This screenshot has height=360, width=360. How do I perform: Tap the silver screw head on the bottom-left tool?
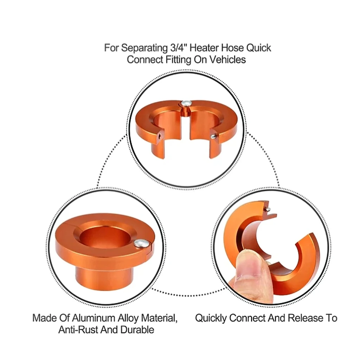pyautogui.click(x=141, y=243)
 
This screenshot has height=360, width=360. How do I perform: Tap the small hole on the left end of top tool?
pyautogui.click(x=160, y=135)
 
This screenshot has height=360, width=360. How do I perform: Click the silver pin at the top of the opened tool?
pyautogui.click(x=268, y=210)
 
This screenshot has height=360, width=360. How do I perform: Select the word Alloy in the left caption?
pyautogui.click(x=129, y=319)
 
